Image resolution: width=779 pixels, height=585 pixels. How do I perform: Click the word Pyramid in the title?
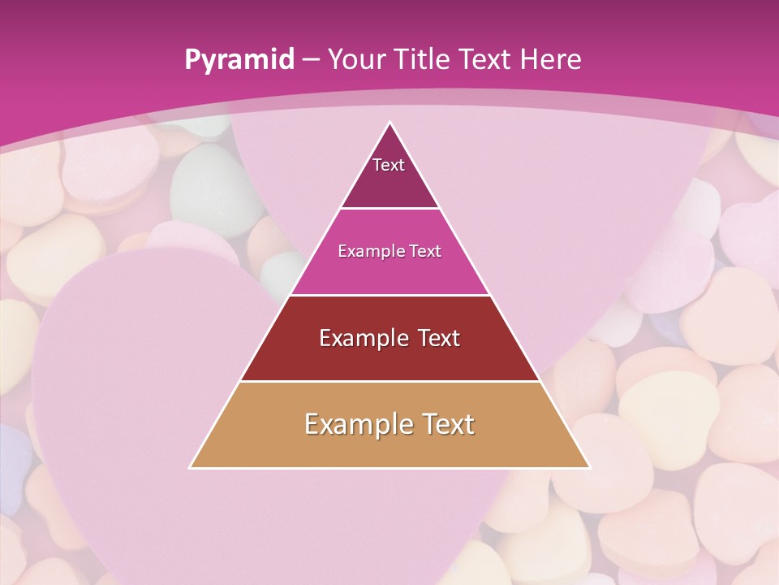point(239,60)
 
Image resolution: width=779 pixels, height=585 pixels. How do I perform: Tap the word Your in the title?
point(356,59)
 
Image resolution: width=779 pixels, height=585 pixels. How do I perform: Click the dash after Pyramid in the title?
point(311,60)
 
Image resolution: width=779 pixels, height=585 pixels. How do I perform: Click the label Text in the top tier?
point(389,165)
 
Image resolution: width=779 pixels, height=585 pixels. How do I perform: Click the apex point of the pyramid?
point(389,123)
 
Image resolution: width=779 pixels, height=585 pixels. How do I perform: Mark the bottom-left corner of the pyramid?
point(191,467)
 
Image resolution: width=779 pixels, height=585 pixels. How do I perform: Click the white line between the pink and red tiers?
point(389,295)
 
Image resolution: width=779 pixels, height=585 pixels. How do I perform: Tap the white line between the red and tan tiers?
point(389,381)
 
